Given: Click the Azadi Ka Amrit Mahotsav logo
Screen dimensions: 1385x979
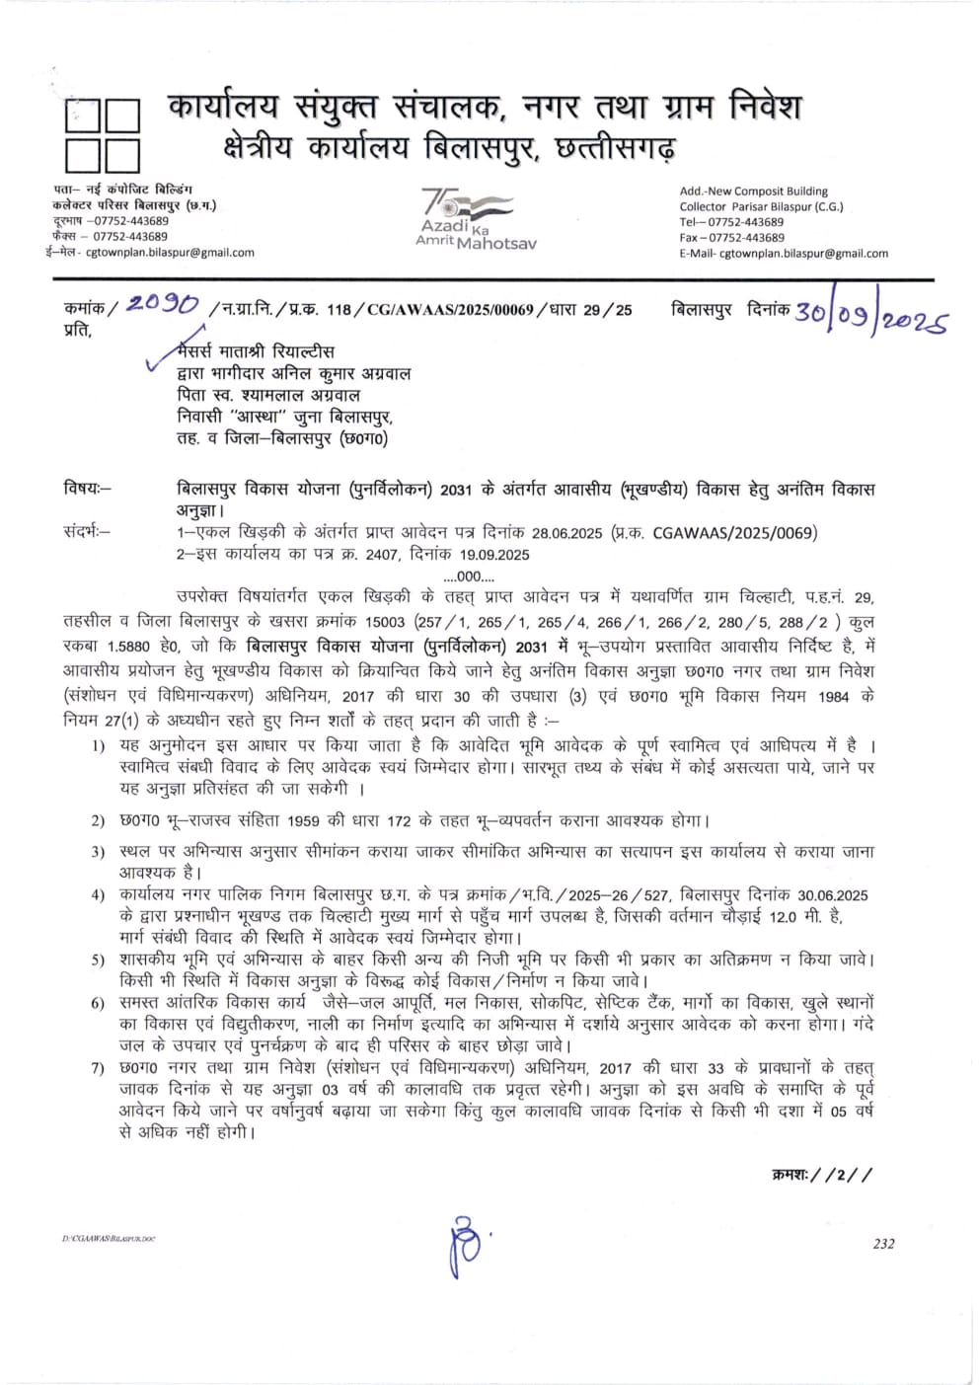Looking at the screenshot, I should (475, 218).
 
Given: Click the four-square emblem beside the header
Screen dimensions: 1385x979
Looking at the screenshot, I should (102, 135).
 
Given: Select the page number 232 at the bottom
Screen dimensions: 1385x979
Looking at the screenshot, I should (883, 1243).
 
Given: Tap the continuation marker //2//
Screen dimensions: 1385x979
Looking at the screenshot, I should (822, 1174).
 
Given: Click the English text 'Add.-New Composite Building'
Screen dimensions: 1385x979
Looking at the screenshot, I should (753, 192).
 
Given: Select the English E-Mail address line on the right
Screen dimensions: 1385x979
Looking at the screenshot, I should (783, 253).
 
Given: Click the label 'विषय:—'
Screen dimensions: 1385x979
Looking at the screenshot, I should (88, 489).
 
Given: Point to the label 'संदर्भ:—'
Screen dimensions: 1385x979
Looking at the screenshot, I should (88, 533).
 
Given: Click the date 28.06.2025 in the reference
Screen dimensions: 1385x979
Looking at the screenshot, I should (566, 533).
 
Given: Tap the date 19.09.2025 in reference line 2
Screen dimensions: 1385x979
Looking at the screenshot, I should (492, 555).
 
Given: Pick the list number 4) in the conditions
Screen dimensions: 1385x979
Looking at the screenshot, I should (98, 895).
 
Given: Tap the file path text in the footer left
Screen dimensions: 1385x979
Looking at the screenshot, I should (110, 1238).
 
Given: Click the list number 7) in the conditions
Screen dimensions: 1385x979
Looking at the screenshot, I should (98, 1069).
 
